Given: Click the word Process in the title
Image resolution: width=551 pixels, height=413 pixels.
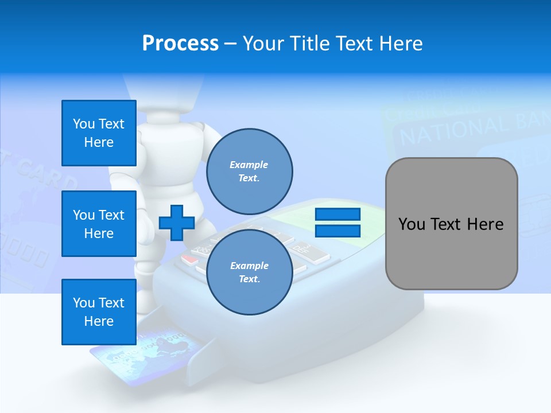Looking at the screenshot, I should click(x=180, y=44).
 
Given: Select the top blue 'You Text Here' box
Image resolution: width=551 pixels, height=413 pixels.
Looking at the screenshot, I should click(x=99, y=133).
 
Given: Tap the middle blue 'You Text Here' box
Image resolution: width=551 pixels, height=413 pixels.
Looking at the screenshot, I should click(x=99, y=224).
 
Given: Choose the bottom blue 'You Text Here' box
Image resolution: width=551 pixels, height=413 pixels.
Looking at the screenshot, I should click(x=99, y=312).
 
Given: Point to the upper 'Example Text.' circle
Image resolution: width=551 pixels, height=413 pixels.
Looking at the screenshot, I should click(x=249, y=171).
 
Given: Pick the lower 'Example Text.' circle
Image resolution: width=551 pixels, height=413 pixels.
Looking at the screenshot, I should click(x=249, y=272).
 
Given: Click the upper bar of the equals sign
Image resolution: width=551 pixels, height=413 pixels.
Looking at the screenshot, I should click(x=337, y=215).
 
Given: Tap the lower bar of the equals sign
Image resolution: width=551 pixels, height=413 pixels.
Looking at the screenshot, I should click(x=337, y=231).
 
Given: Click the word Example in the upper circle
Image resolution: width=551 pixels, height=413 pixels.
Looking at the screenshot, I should click(x=249, y=165).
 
